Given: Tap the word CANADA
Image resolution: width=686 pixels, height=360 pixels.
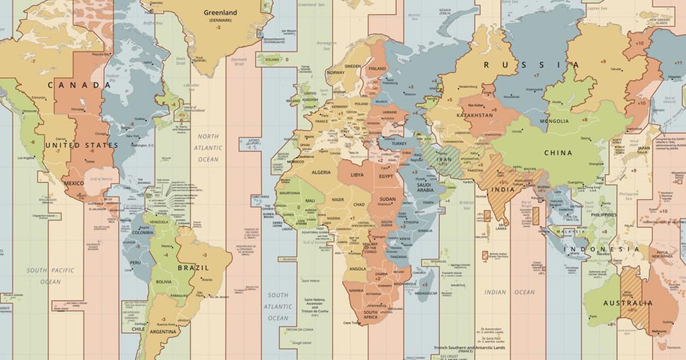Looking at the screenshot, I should click(79, 85).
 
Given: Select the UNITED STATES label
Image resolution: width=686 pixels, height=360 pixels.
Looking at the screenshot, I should click(81, 146).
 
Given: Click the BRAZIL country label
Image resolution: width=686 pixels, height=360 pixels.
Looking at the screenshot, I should click(193, 267).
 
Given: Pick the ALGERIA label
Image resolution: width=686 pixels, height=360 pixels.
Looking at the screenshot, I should click(321, 172).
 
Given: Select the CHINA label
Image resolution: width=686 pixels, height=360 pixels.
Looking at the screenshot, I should click(558, 153).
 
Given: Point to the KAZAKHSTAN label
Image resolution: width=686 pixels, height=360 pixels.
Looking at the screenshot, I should click(474, 115).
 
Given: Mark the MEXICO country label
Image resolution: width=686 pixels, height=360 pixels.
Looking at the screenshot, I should click(74, 183).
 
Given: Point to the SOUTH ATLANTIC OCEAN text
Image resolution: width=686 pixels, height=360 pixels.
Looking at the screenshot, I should click(278, 307).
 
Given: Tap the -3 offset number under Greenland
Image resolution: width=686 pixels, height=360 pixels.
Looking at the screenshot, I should click(218, 27).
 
